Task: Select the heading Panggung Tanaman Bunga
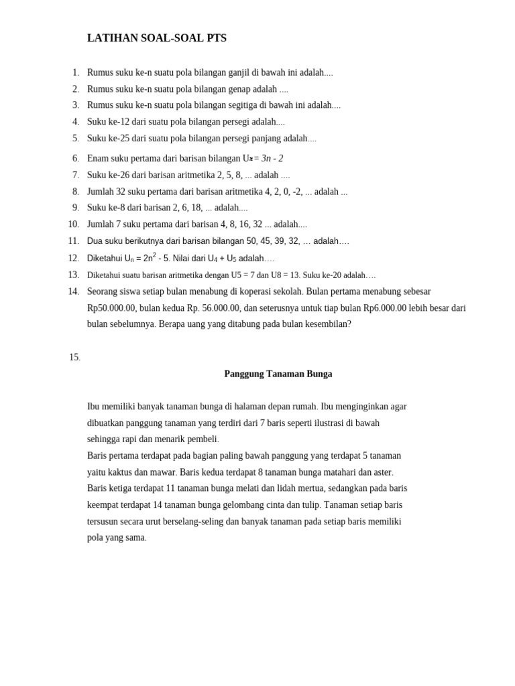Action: (278, 374)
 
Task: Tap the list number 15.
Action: (74, 358)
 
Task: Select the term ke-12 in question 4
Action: (119, 122)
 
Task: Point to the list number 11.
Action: (73, 241)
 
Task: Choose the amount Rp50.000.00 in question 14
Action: (111, 308)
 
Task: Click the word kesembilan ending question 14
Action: (325, 324)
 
